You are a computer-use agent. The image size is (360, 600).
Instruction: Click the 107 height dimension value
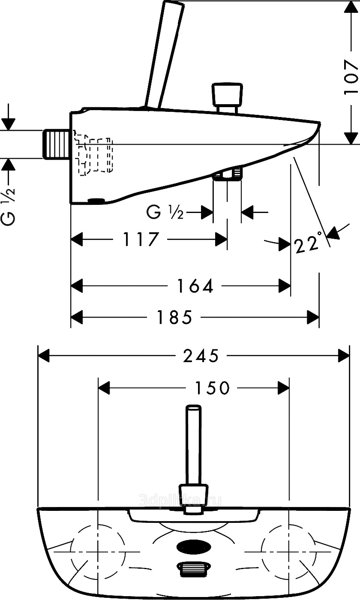pos(351,78)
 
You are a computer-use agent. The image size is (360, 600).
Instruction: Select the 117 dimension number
pos(141,239)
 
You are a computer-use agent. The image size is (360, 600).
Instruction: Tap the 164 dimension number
pos(195,286)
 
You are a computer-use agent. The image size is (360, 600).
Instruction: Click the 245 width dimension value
pos(201,356)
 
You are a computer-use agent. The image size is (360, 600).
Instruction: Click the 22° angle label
pos(308,244)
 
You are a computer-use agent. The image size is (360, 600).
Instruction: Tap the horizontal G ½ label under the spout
pos(165,212)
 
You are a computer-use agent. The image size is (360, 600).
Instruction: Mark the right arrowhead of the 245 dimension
pos(344,356)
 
